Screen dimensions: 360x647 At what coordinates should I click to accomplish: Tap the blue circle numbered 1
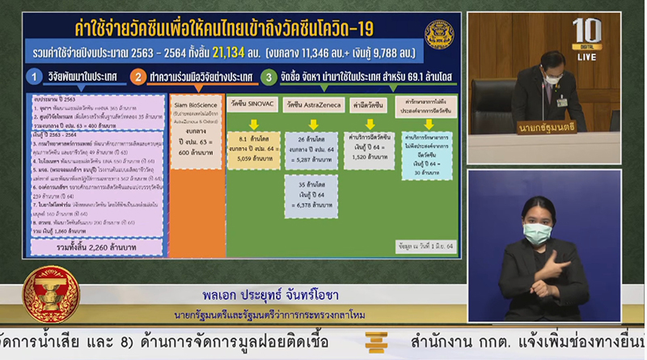(34, 78)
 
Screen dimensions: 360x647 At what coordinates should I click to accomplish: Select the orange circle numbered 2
(137, 78)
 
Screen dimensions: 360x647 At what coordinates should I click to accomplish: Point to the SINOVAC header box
(247, 104)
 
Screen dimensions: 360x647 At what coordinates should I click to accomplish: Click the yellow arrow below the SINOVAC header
(253, 124)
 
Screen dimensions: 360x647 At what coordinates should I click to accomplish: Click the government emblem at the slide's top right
(439, 34)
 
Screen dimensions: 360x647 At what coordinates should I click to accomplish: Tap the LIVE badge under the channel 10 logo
(586, 57)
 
